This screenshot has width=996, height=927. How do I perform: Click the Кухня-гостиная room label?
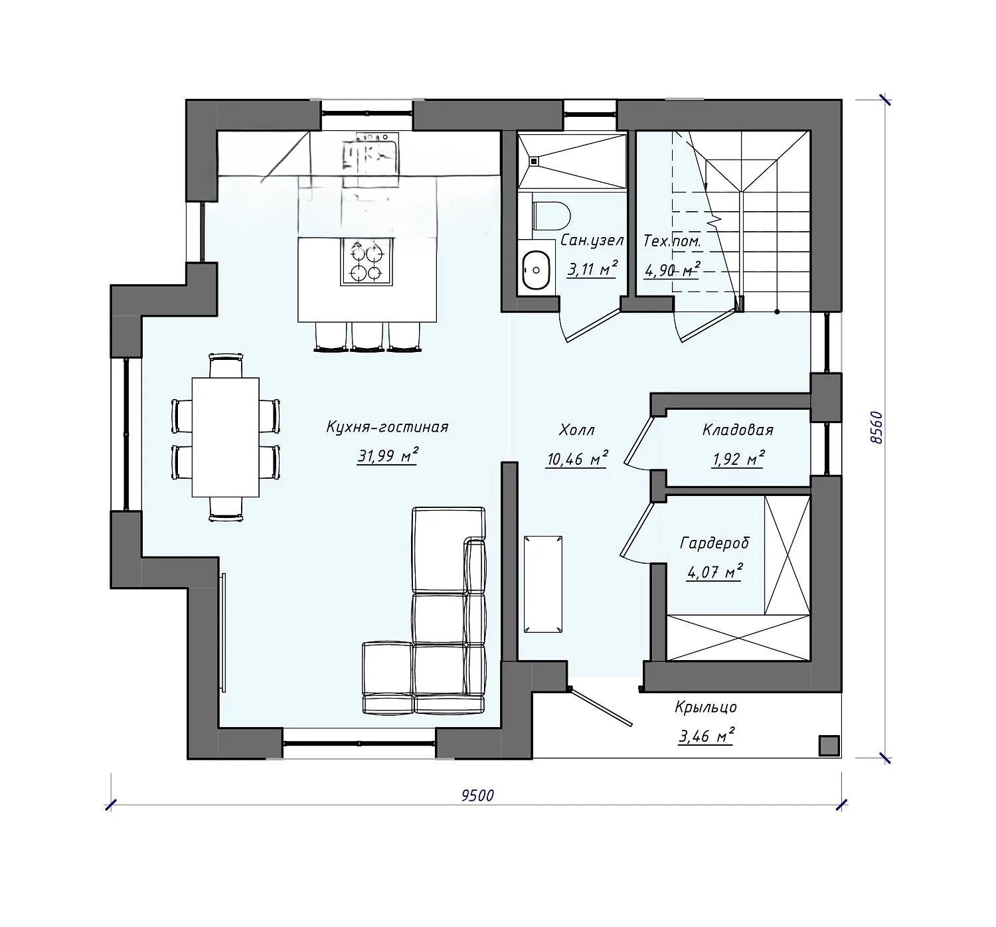pyautogui.click(x=387, y=428)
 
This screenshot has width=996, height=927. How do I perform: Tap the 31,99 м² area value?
pyautogui.click(x=387, y=456)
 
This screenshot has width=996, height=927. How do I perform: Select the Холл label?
pyautogui.click(x=577, y=430)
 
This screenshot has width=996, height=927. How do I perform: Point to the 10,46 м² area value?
pyautogui.click(x=577, y=458)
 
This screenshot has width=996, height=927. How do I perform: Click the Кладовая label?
pyautogui.click(x=738, y=430)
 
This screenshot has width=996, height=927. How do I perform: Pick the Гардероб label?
pyautogui.click(x=714, y=543)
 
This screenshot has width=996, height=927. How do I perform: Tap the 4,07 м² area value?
pyautogui.click(x=714, y=571)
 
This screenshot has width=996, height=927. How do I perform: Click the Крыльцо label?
pyautogui.click(x=706, y=708)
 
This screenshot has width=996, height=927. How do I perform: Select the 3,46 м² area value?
pyautogui.click(x=706, y=736)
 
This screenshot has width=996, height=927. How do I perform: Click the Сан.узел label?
pyautogui.click(x=592, y=241)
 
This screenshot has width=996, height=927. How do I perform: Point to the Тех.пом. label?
pyautogui.click(x=672, y=241)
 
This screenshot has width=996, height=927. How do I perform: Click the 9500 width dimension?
pyautogui.click(x=477, y=796)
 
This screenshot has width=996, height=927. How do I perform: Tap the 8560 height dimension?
pyautogui.click(x=875, y=428)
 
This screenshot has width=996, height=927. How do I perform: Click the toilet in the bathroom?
pyautogui.click(x=551, y=216)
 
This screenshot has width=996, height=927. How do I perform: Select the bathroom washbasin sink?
pyautogui.click(x=536, y=270)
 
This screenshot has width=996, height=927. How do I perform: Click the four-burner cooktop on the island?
pyautogui.click(x=367, y=262)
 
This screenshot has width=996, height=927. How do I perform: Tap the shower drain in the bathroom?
pyautogui.click(x=534, y=161)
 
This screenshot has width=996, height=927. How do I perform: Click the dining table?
pyautogui.click(x=226, y=438)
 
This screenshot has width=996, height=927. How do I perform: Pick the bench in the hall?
pyautogui.click(x=543, y=584)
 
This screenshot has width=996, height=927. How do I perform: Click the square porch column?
pyautogui.click(x=829, y=746)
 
